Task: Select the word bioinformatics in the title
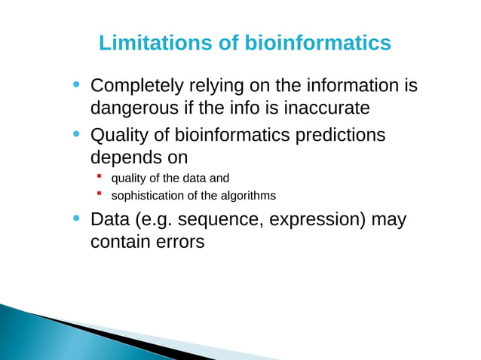pos(317,43)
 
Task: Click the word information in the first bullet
pos(347,86)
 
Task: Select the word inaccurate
pos(326,108)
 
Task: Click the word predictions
pos(338,136)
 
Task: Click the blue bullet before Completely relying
pos(76,84)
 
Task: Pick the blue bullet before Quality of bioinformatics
pos(76,134)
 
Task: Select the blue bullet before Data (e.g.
pos(76,218)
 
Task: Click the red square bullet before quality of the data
pos(99,178)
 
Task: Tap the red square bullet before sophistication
pos(99,195)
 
